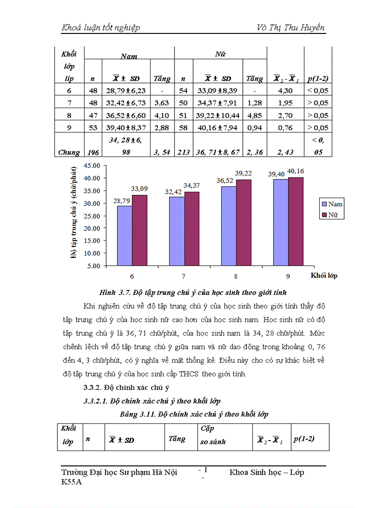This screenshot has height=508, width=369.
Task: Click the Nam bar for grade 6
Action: click(x=125, y=236)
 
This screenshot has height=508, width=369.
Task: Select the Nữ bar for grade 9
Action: click(x=296, y=221)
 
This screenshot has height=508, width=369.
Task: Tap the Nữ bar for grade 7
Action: click(x=192, y=228)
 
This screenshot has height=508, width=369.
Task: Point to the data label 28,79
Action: click(x=122, y=200)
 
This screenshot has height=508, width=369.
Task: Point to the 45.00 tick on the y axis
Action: click(x=91, y=166)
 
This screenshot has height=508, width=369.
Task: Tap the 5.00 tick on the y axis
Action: click(x=93, y=266)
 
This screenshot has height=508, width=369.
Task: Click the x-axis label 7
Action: click(x=184, y=275)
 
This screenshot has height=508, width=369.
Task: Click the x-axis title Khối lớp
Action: click(x=324, y=275)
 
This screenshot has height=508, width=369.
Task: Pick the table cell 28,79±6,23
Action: click(x=126, y=90)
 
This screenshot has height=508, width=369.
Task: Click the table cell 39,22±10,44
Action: click(x=218, y=115)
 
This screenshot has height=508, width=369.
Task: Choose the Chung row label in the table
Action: click(x=69, y=152)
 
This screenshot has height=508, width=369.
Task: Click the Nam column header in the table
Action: click(x=129, y=57)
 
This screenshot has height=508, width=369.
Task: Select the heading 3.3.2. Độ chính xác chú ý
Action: click(x=123, y=387)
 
